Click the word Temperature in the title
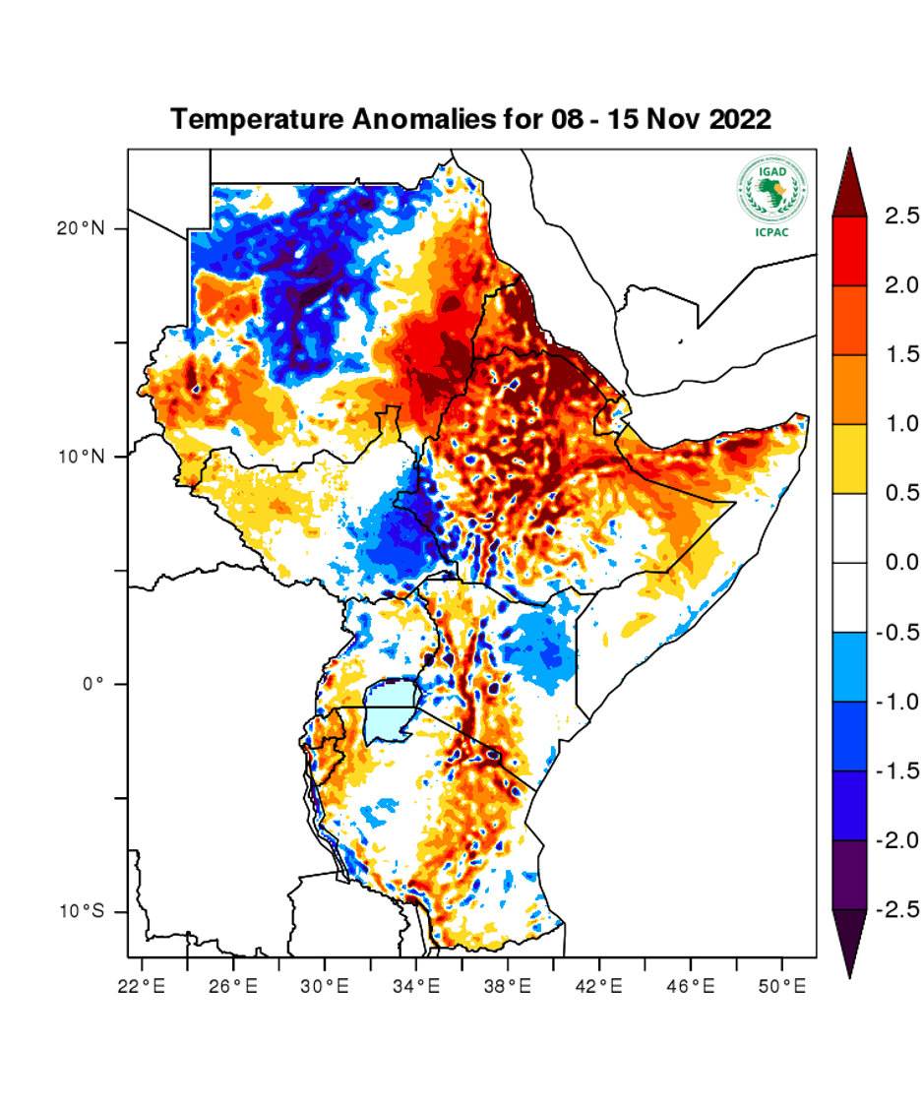click(x=254, y=120)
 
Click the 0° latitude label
click(x=92, y=684)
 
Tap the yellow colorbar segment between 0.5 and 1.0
click(x=849, y=459)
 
